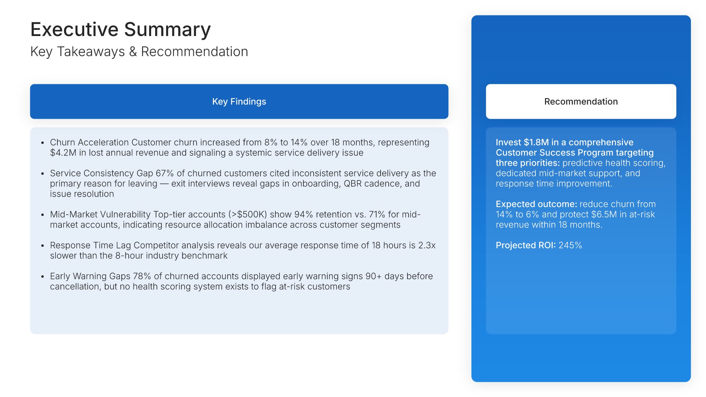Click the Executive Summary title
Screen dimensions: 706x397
pos(121,30)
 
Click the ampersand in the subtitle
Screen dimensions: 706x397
pos(133,52)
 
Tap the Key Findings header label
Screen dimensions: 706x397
pos(239,101)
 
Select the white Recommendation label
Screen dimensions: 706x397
pos(581,101)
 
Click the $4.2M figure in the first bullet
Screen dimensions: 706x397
pos(63,153)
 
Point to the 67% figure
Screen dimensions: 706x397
pos(165,173)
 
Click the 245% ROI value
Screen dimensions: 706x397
pos(570,245)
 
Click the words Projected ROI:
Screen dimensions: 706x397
pos(526,245)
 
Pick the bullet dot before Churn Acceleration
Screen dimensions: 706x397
pos(43,143)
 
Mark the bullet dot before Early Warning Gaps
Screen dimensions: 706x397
pos(43,276)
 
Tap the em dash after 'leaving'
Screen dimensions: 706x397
pos(164,184)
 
